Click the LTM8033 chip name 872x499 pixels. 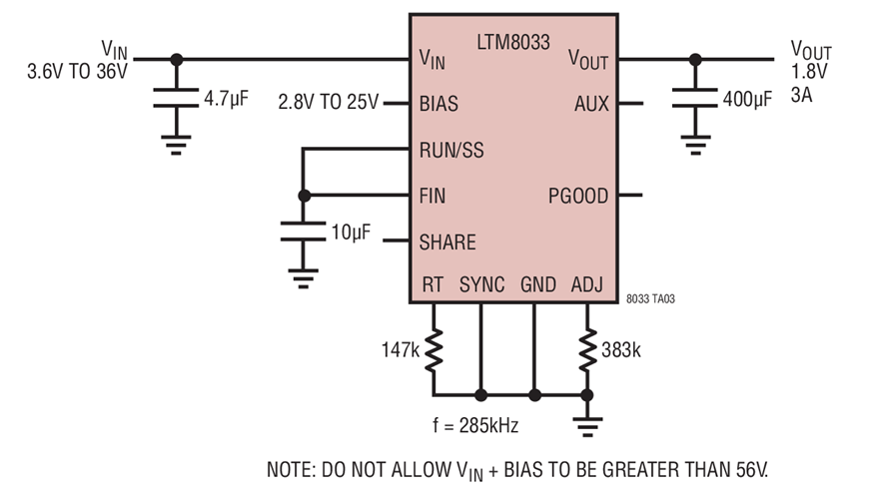coord(511,44)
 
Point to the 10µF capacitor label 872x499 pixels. coord(351,232)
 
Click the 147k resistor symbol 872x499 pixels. coord(434,349)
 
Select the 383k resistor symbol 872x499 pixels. coord(587,349)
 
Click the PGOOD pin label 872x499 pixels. coord(577,196)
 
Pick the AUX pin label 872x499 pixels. coord(590,104)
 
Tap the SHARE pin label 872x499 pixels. coord(446,243)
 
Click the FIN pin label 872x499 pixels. coord(434,196)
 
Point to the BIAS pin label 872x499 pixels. coord(439,104)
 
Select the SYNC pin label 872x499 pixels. coord(481,285)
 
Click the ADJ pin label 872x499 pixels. coord(586,285)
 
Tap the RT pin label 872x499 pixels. coord(433,285)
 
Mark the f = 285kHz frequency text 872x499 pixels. coord(476,425)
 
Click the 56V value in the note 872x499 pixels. coord(749,469)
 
